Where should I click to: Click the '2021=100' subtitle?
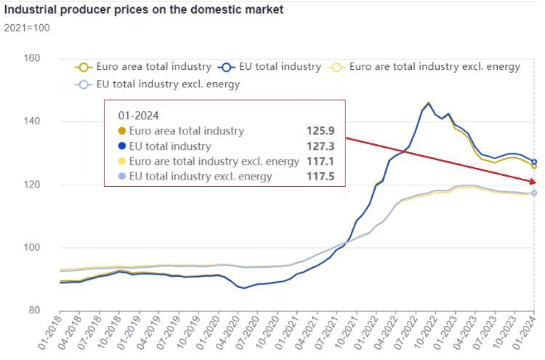pos(26,28)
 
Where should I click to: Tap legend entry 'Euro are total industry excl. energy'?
pos(434,67)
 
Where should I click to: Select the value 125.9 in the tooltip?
pos(320,131)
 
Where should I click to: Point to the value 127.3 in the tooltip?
pos(320,146)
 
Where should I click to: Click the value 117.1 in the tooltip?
pos(320,161)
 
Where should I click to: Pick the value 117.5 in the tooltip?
pos(320,176)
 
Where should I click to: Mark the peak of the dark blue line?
pos(428,103)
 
